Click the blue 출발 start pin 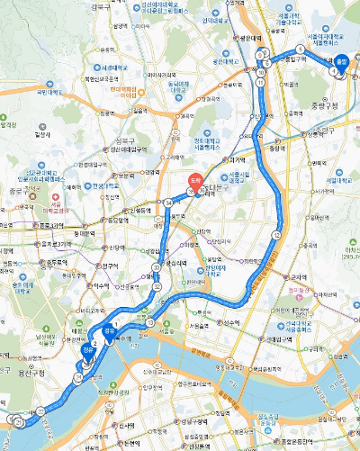(x=341, y=63)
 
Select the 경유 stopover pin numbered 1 (x=110, y=330)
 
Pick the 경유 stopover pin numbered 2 (x=87, y=352)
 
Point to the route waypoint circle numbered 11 (x=260, y=83)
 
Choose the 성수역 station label (x=230, y=321)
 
